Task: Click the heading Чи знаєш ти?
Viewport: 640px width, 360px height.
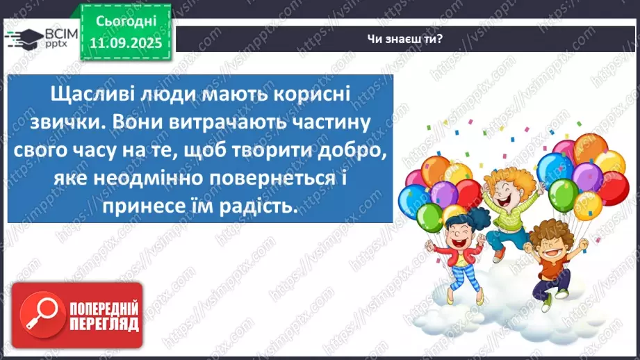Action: tap(406, 39)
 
